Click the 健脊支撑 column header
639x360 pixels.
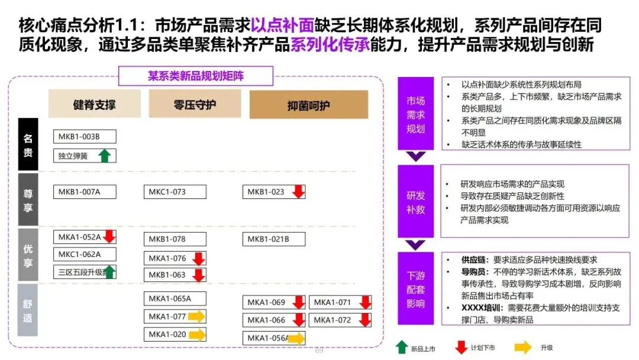tap(95, 105)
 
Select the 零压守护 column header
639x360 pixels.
tap(195, 105)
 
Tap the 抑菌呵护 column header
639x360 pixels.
tap(308, 105)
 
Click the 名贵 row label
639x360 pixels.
tap(28, 144)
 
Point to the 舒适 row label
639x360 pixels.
tap(28, 310)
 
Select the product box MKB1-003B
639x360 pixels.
tap(85, 137)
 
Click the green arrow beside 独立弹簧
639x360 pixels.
tap(105, 156)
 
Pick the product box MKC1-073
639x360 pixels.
tap(175, 192)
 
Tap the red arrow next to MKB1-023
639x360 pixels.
tap(298, 191)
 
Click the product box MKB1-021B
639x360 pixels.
tap(273, 239)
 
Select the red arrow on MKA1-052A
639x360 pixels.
tap(109, 237)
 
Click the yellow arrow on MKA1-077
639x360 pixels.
tap(196, 317)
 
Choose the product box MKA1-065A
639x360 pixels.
tap(175, 298)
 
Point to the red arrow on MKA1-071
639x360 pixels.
tap(365, 303)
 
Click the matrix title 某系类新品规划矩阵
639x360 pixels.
tap(196, 76)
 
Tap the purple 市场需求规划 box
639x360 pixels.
tap(415, 114)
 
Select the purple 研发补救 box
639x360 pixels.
tap(415, 201)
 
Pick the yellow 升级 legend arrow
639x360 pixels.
tap(523, 348)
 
